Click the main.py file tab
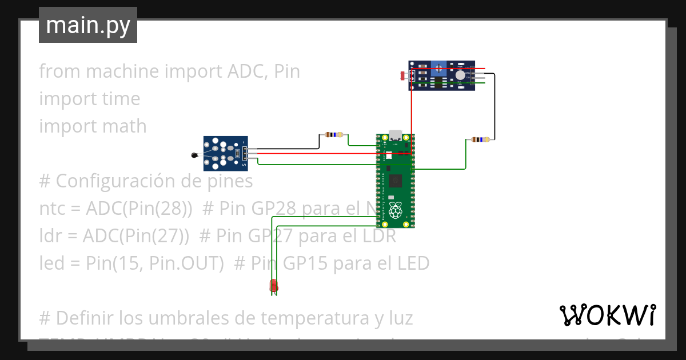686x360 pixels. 87,25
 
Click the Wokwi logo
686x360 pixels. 607,315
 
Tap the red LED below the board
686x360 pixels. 274,285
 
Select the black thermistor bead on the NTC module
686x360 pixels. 194,155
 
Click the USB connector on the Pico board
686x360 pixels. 395,136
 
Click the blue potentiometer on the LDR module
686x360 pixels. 438,69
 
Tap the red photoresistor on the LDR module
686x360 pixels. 404,75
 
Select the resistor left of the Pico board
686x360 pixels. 333,135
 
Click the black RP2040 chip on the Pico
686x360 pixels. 395,182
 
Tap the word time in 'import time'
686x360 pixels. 120,99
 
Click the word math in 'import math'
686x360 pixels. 125,126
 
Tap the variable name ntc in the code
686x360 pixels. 52,209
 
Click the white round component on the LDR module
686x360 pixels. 461,74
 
